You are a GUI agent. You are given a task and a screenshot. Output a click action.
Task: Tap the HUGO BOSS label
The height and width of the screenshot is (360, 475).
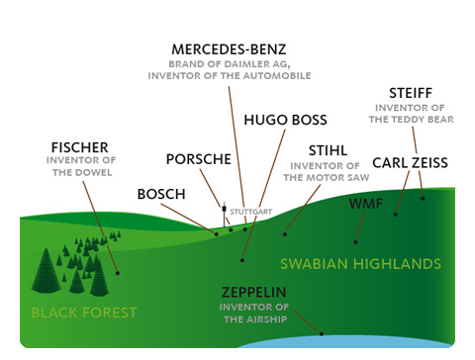(x=278, y=122)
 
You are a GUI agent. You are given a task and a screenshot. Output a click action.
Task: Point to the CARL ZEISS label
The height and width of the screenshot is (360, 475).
(x=410, y=162)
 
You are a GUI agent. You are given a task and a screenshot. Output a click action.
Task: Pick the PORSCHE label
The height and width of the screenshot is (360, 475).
(x=199, y=159)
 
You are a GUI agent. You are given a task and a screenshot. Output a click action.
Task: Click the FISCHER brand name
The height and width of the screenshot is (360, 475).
(x=79, y=148)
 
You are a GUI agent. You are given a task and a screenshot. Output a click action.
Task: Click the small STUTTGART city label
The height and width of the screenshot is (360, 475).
(x=249, y=212)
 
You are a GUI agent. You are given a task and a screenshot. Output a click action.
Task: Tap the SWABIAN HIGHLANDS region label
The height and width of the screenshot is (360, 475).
(x=359, y=264)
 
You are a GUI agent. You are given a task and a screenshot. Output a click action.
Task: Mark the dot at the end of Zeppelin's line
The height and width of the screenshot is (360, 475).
(x=320, y=333)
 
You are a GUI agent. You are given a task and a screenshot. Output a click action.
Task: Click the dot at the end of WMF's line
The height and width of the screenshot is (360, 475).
(x=356, y=240)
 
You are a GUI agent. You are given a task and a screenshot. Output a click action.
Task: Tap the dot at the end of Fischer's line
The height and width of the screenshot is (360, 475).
(x=117, y=272)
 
